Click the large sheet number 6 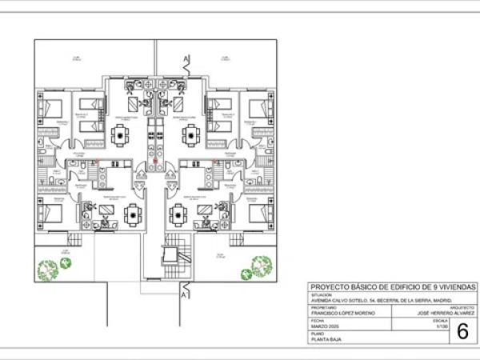pos(462,331)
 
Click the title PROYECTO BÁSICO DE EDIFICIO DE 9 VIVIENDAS pos(392,286)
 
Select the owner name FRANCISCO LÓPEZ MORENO pos(343,312)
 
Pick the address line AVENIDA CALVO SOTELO pos(376,299)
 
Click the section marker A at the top pos(186,59)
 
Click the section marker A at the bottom pos(186,294)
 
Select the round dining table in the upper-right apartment pos(191,137)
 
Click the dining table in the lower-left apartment pos(131,213)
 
